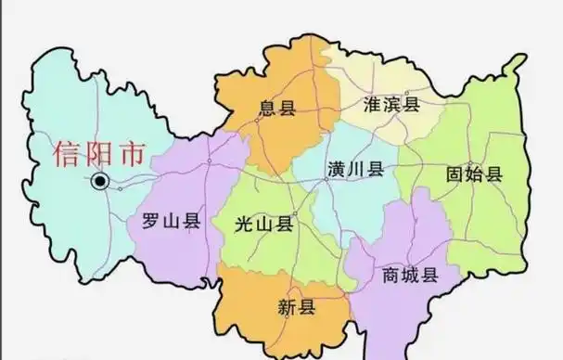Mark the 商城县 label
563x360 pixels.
click(409, 276)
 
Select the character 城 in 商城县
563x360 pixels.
click(409, 276)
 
